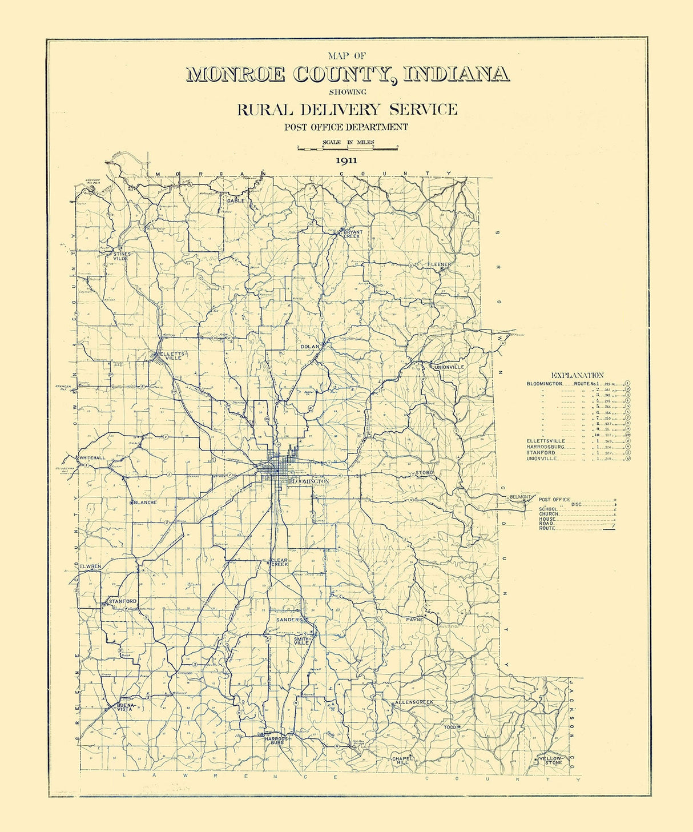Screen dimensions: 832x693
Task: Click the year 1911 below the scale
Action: pos(346,160)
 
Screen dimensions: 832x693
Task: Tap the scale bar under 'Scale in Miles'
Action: pos(347,148)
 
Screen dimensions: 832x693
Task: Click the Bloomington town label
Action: pos(309,481)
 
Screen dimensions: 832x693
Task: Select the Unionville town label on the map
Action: pos(449,367)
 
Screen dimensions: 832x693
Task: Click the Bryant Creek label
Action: pos(352,234)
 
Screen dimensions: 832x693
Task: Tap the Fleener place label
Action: pos(439,264)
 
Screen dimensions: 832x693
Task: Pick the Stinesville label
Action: pos(122,256)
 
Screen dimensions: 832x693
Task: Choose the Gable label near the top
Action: pos(236,200)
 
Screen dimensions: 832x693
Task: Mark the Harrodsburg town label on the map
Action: pos(277,741)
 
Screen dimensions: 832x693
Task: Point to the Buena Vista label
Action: pos(124,706)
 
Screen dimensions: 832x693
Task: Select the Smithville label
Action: pos(301,640)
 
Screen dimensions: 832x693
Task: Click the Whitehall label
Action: pos(92,458)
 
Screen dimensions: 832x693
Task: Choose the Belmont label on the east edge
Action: pos(520,497)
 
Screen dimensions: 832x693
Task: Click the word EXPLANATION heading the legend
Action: pos(577,375)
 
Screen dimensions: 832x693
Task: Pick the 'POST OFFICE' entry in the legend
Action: pos(554,500)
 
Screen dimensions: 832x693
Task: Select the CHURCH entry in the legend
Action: pos(549,514)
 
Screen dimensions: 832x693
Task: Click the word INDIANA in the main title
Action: pos(456,74)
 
